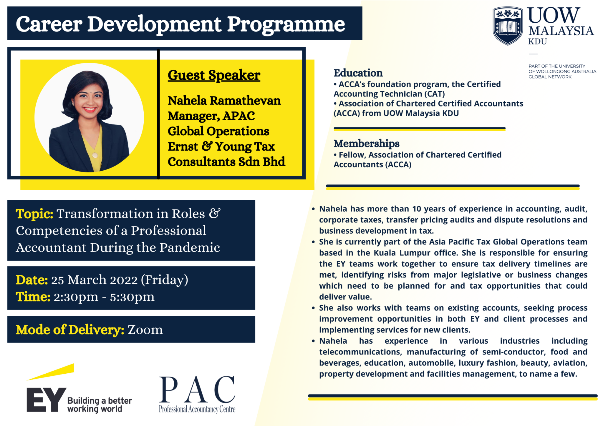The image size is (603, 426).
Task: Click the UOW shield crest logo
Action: [508, 26]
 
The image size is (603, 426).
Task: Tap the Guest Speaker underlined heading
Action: [214, 75]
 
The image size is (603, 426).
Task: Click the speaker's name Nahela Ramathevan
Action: [224, 101]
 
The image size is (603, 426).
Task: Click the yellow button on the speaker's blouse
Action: [95, 155]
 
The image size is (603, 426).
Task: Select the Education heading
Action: [358, 73]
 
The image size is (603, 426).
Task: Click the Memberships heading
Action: [366, 144]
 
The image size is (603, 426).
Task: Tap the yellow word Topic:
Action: [34, 214]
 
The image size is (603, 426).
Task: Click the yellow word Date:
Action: [32, 280]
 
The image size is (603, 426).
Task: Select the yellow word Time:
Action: [33, 297]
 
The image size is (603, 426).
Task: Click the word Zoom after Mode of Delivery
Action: [145, 330]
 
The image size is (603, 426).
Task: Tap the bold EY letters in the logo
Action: [46, 400]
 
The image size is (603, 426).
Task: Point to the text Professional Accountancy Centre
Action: [197, 409]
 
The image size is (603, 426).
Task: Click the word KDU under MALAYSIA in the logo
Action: [537, 42]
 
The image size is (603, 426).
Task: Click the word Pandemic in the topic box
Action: [190, 248]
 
